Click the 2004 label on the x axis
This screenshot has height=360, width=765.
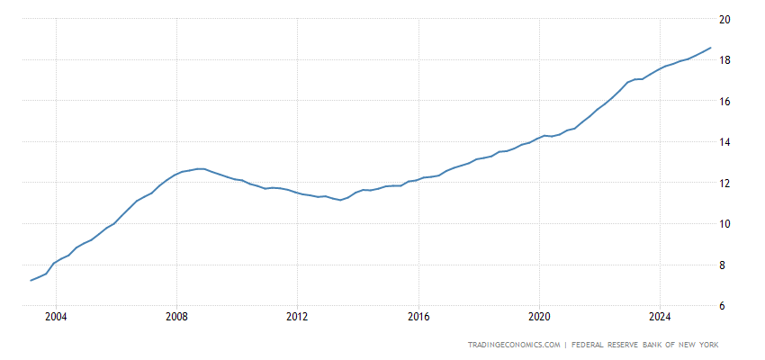56,317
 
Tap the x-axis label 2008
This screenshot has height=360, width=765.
176,317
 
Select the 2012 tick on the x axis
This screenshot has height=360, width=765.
297,317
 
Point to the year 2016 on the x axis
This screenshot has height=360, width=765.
418,317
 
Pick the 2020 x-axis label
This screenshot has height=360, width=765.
539,317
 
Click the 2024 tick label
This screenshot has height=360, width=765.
660,317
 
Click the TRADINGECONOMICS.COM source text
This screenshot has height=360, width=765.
515,345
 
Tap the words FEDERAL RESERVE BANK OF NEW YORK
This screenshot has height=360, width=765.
647,345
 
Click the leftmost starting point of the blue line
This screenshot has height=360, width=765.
31,280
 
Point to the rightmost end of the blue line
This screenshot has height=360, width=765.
711,48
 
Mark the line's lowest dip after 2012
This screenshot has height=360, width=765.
339,200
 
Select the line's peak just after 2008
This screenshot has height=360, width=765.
202,168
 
